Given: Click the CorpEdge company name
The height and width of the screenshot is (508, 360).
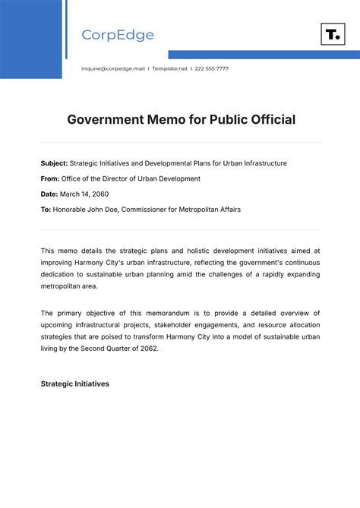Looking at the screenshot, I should [x=118, y=35].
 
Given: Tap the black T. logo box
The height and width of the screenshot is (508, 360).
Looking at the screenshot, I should [x=333, y=34].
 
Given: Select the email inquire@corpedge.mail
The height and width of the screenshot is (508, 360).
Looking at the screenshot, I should [x=112, y=68].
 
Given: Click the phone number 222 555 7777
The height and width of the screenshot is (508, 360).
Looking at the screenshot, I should [x=212, y=68].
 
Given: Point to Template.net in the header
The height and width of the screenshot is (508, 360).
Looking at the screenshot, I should [x=169, y=68].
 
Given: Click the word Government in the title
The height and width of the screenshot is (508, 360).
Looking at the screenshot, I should [x=105, y=119].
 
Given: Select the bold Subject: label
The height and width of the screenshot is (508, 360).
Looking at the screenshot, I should [x=54, y=163].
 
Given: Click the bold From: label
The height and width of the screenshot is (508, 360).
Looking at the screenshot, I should [x=50, y=178].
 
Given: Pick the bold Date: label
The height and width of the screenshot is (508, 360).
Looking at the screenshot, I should [x=49, y=194].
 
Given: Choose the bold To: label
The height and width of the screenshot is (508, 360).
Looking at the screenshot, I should [x=46, y=209].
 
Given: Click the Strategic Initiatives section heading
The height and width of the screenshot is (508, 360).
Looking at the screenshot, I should [x=74, y=384].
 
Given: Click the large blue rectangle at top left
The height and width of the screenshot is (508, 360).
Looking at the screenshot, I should [x=30, y=38].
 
